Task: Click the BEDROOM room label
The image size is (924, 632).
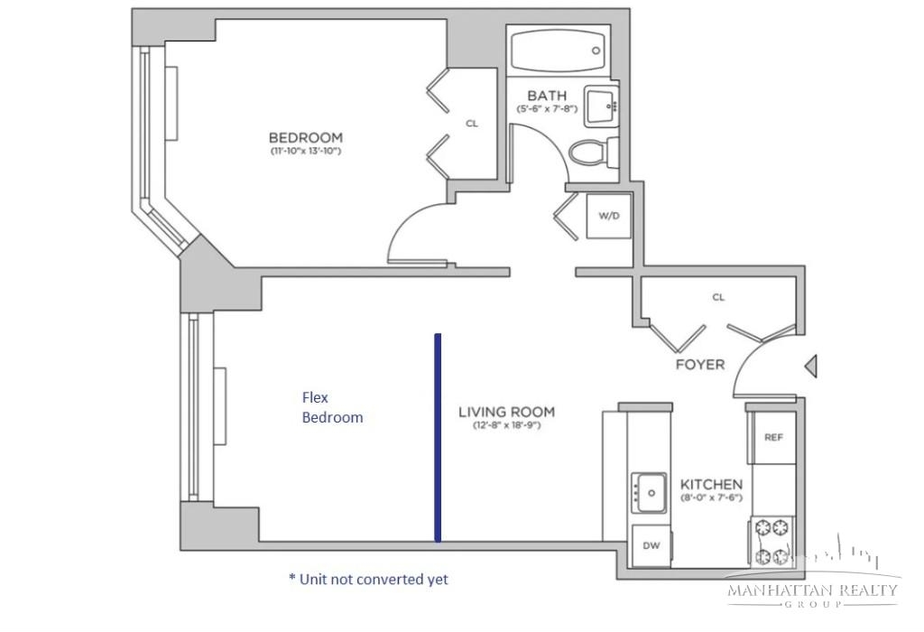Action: click(305, 137)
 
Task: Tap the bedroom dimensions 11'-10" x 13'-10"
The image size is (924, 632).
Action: click(305, 151)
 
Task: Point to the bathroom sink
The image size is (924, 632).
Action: click(602, 107)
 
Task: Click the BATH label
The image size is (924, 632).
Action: click(547, 96)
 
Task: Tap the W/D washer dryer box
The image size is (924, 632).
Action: click(609, 216)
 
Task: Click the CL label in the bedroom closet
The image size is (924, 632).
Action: click(472, 123)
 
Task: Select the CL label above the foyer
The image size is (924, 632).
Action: click(718, 297)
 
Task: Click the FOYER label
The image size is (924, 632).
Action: click(700, 365)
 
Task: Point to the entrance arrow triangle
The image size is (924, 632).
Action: click(811, 367)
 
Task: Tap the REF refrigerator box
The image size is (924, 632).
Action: click(773, 438)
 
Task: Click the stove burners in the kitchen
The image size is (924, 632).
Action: click(772, 541)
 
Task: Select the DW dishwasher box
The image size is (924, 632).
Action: click(651, 545)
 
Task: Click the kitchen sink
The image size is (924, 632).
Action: click(650, 492)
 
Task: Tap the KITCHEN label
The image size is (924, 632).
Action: click(711, 485)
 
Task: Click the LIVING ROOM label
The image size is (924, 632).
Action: click(507, 412)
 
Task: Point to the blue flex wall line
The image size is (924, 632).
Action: click(438, 438)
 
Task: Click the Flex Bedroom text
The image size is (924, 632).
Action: click(332, 407)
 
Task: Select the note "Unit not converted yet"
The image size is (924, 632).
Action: click(369, 580)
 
